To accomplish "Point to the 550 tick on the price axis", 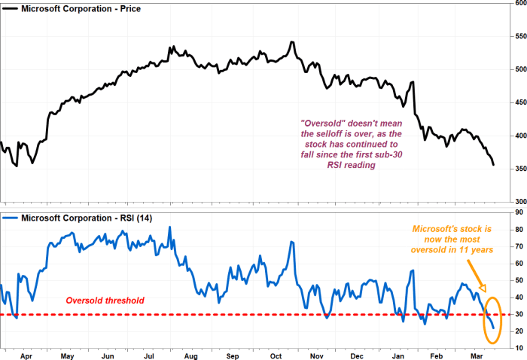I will [516, 36].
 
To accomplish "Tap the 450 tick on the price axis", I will [516, 102].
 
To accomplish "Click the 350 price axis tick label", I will [516, 169].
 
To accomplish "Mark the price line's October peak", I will [291, 42].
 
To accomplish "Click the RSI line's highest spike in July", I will [169, 227].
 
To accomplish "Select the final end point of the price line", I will [494, 165].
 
